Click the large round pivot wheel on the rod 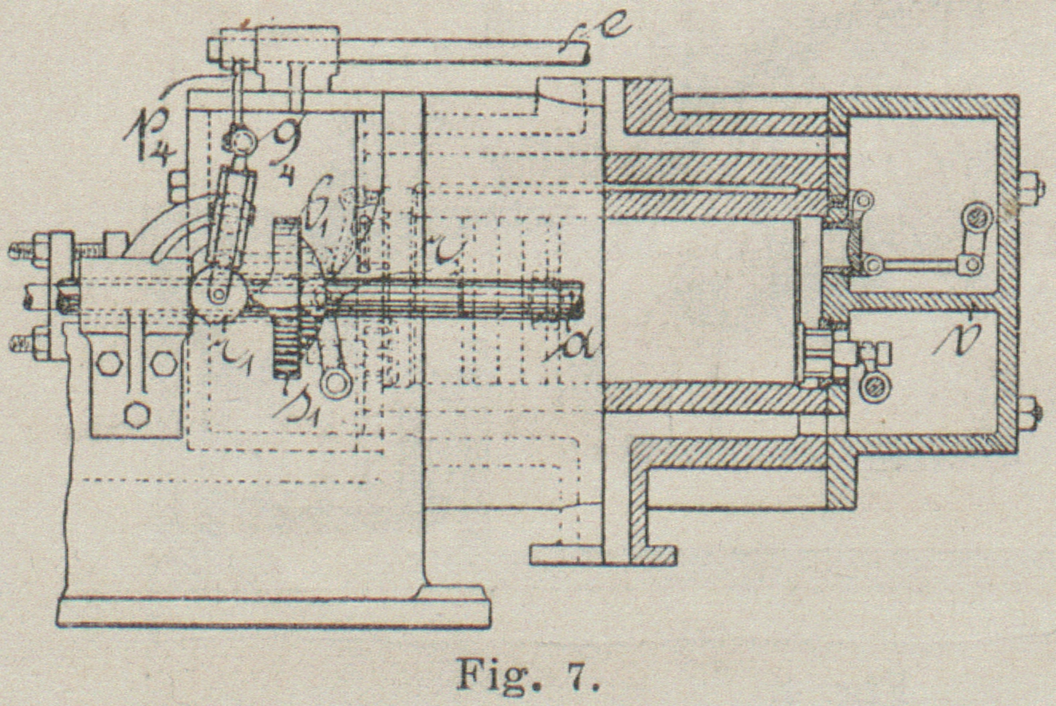tap(217, 293)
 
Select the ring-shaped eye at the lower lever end tap(335, 381)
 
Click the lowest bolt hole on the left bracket tap(136, 415)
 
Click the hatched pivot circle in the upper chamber tap(974, 215)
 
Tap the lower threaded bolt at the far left tap(24, 344)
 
